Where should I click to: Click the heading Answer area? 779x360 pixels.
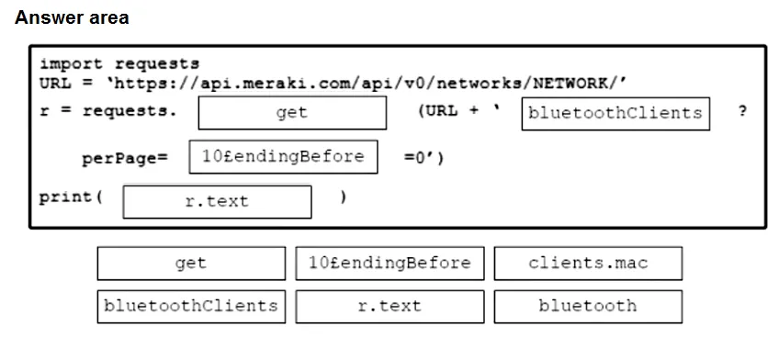tap(72, 17)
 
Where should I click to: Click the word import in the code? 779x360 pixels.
tap(71, 64)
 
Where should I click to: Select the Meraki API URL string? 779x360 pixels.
tap(367, 84)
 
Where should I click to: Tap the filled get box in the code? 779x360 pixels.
tap(292, 113)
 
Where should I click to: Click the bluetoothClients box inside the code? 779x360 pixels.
tap(615, 114)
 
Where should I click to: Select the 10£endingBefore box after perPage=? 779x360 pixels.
tap(283, 157)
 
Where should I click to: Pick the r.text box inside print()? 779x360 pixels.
tap(217, 202)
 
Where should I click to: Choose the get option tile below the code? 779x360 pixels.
tap(191, 264)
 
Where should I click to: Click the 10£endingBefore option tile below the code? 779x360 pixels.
tap(390, 264)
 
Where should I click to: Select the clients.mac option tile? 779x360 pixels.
tap(588, 264)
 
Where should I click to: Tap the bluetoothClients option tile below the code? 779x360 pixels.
tap(191, 307)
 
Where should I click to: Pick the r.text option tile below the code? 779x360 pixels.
tap(390, 307)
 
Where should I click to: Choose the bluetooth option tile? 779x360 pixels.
tap(588, 307)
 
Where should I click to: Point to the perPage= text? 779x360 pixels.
tap(125, 158)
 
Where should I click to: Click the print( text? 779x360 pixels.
tap(71, 197)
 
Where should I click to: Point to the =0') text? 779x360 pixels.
tap(423, 158)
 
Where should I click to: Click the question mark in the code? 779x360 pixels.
tap(742, 111)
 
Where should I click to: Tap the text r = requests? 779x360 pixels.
tap(107, 111)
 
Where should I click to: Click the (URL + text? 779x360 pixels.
tap(458, 111)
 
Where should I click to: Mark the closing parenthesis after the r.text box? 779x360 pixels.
tap(343, 197)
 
